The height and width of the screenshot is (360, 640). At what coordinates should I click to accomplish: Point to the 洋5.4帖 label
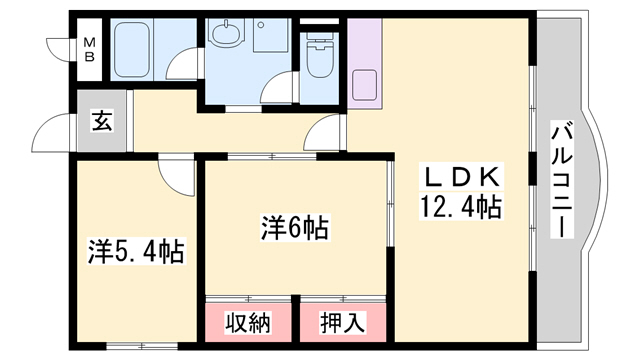[x=136, y=251]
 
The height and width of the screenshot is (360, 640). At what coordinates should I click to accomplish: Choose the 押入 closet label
[x=342, y=322]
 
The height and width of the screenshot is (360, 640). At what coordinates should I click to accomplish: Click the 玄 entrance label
[x=102, y=122]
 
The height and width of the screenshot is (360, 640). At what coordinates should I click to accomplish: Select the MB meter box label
[x=90, y=48]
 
